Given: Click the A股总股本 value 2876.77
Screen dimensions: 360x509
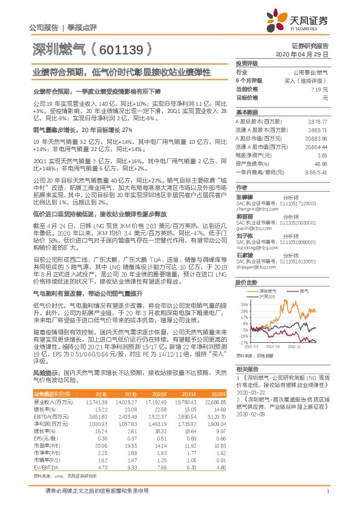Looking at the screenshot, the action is pyautogui.click(x=317, y=122).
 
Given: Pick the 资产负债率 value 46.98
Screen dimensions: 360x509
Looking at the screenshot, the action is pyautogui.click(x=321, y=164).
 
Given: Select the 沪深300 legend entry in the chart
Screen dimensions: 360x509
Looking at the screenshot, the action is pyautogui.click(x=267, y=297).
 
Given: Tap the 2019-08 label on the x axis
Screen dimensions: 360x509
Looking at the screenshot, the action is pyautogui.click(x=276, y=346).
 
